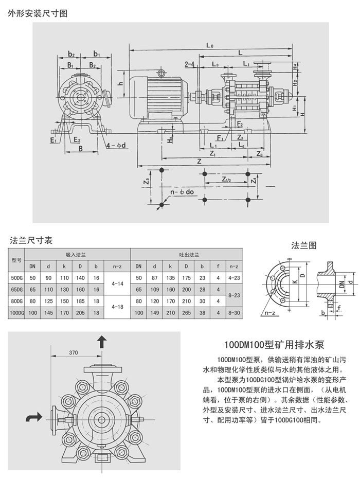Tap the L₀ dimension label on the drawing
pyautogui.click(x=210, y=45)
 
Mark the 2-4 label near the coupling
pyautogui.click(x=189, y=64)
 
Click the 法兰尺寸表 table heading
pyautogui.click(x=31, y=240)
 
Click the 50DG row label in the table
pyautogui.click(x=17, y=277)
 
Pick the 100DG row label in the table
pyautogui.click(x=17, y=312)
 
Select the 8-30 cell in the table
pyautogui.click(x=233, y=312)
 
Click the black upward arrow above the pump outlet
pyautogui.click(x=102, y=342)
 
